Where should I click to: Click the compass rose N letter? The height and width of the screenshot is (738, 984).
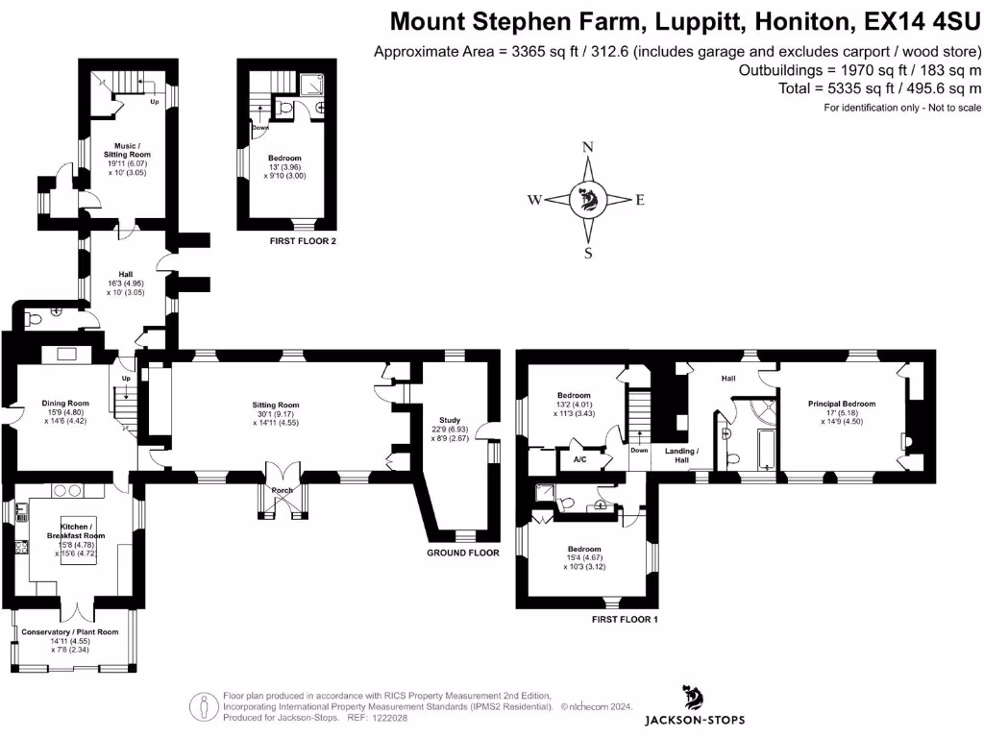588,147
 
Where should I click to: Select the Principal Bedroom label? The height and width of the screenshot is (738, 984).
842,405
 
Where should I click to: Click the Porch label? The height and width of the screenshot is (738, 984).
283,490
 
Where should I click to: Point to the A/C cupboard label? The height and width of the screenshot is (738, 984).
579,458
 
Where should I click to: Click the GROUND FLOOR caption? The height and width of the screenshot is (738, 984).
463,553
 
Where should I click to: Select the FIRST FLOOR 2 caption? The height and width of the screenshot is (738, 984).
303,241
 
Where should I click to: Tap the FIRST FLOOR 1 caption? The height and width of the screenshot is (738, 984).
625,620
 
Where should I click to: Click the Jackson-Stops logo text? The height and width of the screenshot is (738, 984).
694,720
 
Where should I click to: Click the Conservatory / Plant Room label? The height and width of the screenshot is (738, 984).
73,632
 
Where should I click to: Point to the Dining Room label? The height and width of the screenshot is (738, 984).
65,404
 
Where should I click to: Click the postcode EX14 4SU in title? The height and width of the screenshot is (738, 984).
922,21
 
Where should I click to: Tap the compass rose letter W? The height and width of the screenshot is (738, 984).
534,201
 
